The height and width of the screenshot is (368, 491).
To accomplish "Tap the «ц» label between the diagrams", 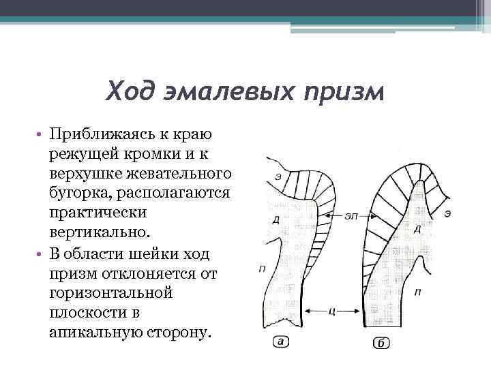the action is pyautogui.click(x=330, y=311).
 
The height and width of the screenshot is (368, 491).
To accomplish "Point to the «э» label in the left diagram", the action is pyautogui.click(x=278, y=177).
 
